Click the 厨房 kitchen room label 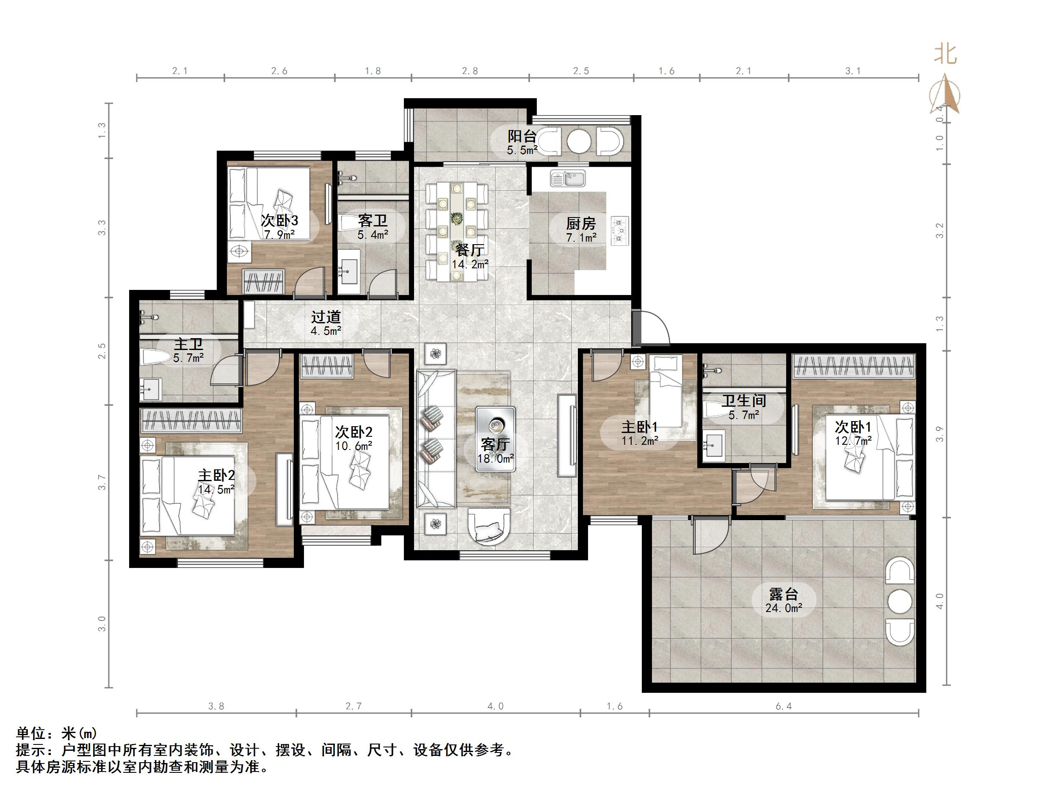click(x=581, y=223)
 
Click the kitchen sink click(x=568, y=179)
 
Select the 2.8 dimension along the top click(x=470, y=71)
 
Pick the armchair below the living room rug click(x=489, y=526)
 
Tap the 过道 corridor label click(x=326, y=317)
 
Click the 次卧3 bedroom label click(x=279, y=221)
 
